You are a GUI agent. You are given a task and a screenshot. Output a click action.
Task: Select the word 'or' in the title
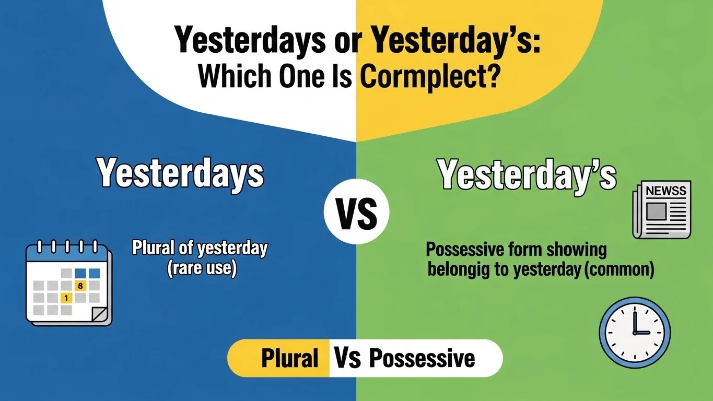coord(336,40)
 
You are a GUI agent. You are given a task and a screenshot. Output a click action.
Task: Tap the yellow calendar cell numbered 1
coord(66,298)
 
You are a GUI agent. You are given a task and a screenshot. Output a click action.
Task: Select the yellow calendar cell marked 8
coord(80,286)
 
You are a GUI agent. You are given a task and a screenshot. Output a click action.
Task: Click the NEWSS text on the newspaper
coord(665,192)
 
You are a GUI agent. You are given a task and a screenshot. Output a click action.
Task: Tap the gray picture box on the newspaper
coord(656,211)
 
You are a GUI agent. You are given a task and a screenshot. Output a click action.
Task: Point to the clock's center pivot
coord(635,332)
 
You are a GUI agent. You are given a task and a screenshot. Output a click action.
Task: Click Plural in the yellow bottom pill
coord(290,359)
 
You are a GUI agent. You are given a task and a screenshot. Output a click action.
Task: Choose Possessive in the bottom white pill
coord(422,359)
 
